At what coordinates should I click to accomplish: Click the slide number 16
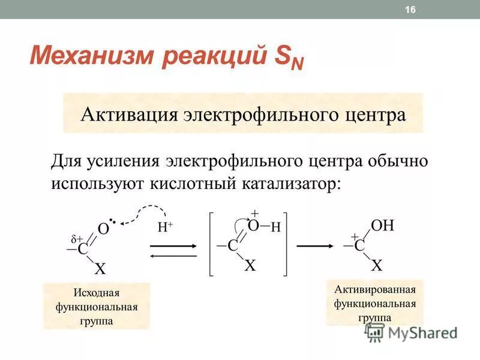(x=410, y=9)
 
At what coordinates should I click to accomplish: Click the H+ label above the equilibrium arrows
(x=166, y=227)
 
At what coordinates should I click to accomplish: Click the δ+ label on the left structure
(x=76, y=238)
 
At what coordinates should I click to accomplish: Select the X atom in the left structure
(x=100, y=269)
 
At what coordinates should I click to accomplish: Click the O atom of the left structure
(x=103, y=229)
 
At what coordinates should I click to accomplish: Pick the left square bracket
(x=211, y=243)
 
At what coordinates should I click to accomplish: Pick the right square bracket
(x=286, y=243)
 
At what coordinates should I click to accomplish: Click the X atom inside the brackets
(x=250, y=265)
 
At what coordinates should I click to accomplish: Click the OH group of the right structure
(x=383, y=226)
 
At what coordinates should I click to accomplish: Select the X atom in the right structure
(x=377, y=265)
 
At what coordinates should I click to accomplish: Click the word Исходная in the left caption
(x=97, y=293)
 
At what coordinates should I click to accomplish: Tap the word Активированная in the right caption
(x=375, y=290)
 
